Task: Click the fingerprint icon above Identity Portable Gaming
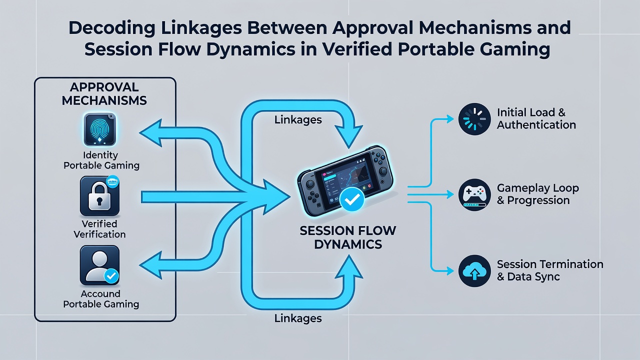coord(99,129)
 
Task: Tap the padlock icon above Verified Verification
coord(99,195)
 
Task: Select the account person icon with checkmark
coord(99,265)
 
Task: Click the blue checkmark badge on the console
coord(352,199)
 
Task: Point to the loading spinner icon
coord(474,119)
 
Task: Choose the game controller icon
coord(474,195)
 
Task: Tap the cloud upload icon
coord(474,271)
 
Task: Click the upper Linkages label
coord(298,119)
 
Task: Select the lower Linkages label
coord(298,318)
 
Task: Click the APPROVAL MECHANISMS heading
coord(104,93)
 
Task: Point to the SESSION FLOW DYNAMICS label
coord(348,237)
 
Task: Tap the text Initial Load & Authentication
coord(536,118)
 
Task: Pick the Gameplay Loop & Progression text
coord(537,194)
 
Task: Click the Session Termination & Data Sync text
coord(550,270)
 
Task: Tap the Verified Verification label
coord(99,229)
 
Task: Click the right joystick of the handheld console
coord(382,171)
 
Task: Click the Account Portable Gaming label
coord(101,299)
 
